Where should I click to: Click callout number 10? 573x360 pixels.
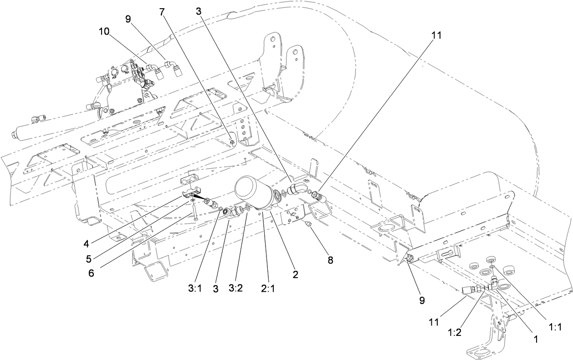click(x=104, y=31)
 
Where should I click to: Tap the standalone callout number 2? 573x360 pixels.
click(x=296, y=275)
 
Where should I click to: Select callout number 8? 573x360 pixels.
click(x=330, y=260)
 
